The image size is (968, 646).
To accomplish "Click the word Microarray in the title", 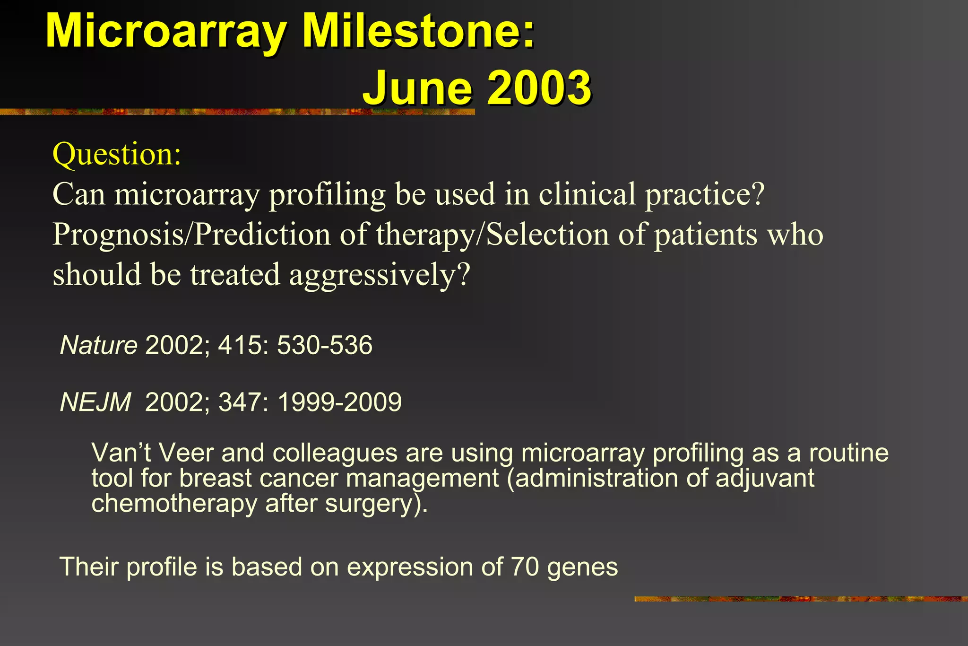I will [165, 32].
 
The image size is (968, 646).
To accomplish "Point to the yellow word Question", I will [116, 154].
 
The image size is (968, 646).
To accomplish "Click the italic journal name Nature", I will [99, 345].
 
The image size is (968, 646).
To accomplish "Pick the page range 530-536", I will [325, 345].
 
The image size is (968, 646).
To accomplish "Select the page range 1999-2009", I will [339, 402].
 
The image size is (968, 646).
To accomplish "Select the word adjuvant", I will [765, 478].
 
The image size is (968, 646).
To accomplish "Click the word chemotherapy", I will [174, 503].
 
